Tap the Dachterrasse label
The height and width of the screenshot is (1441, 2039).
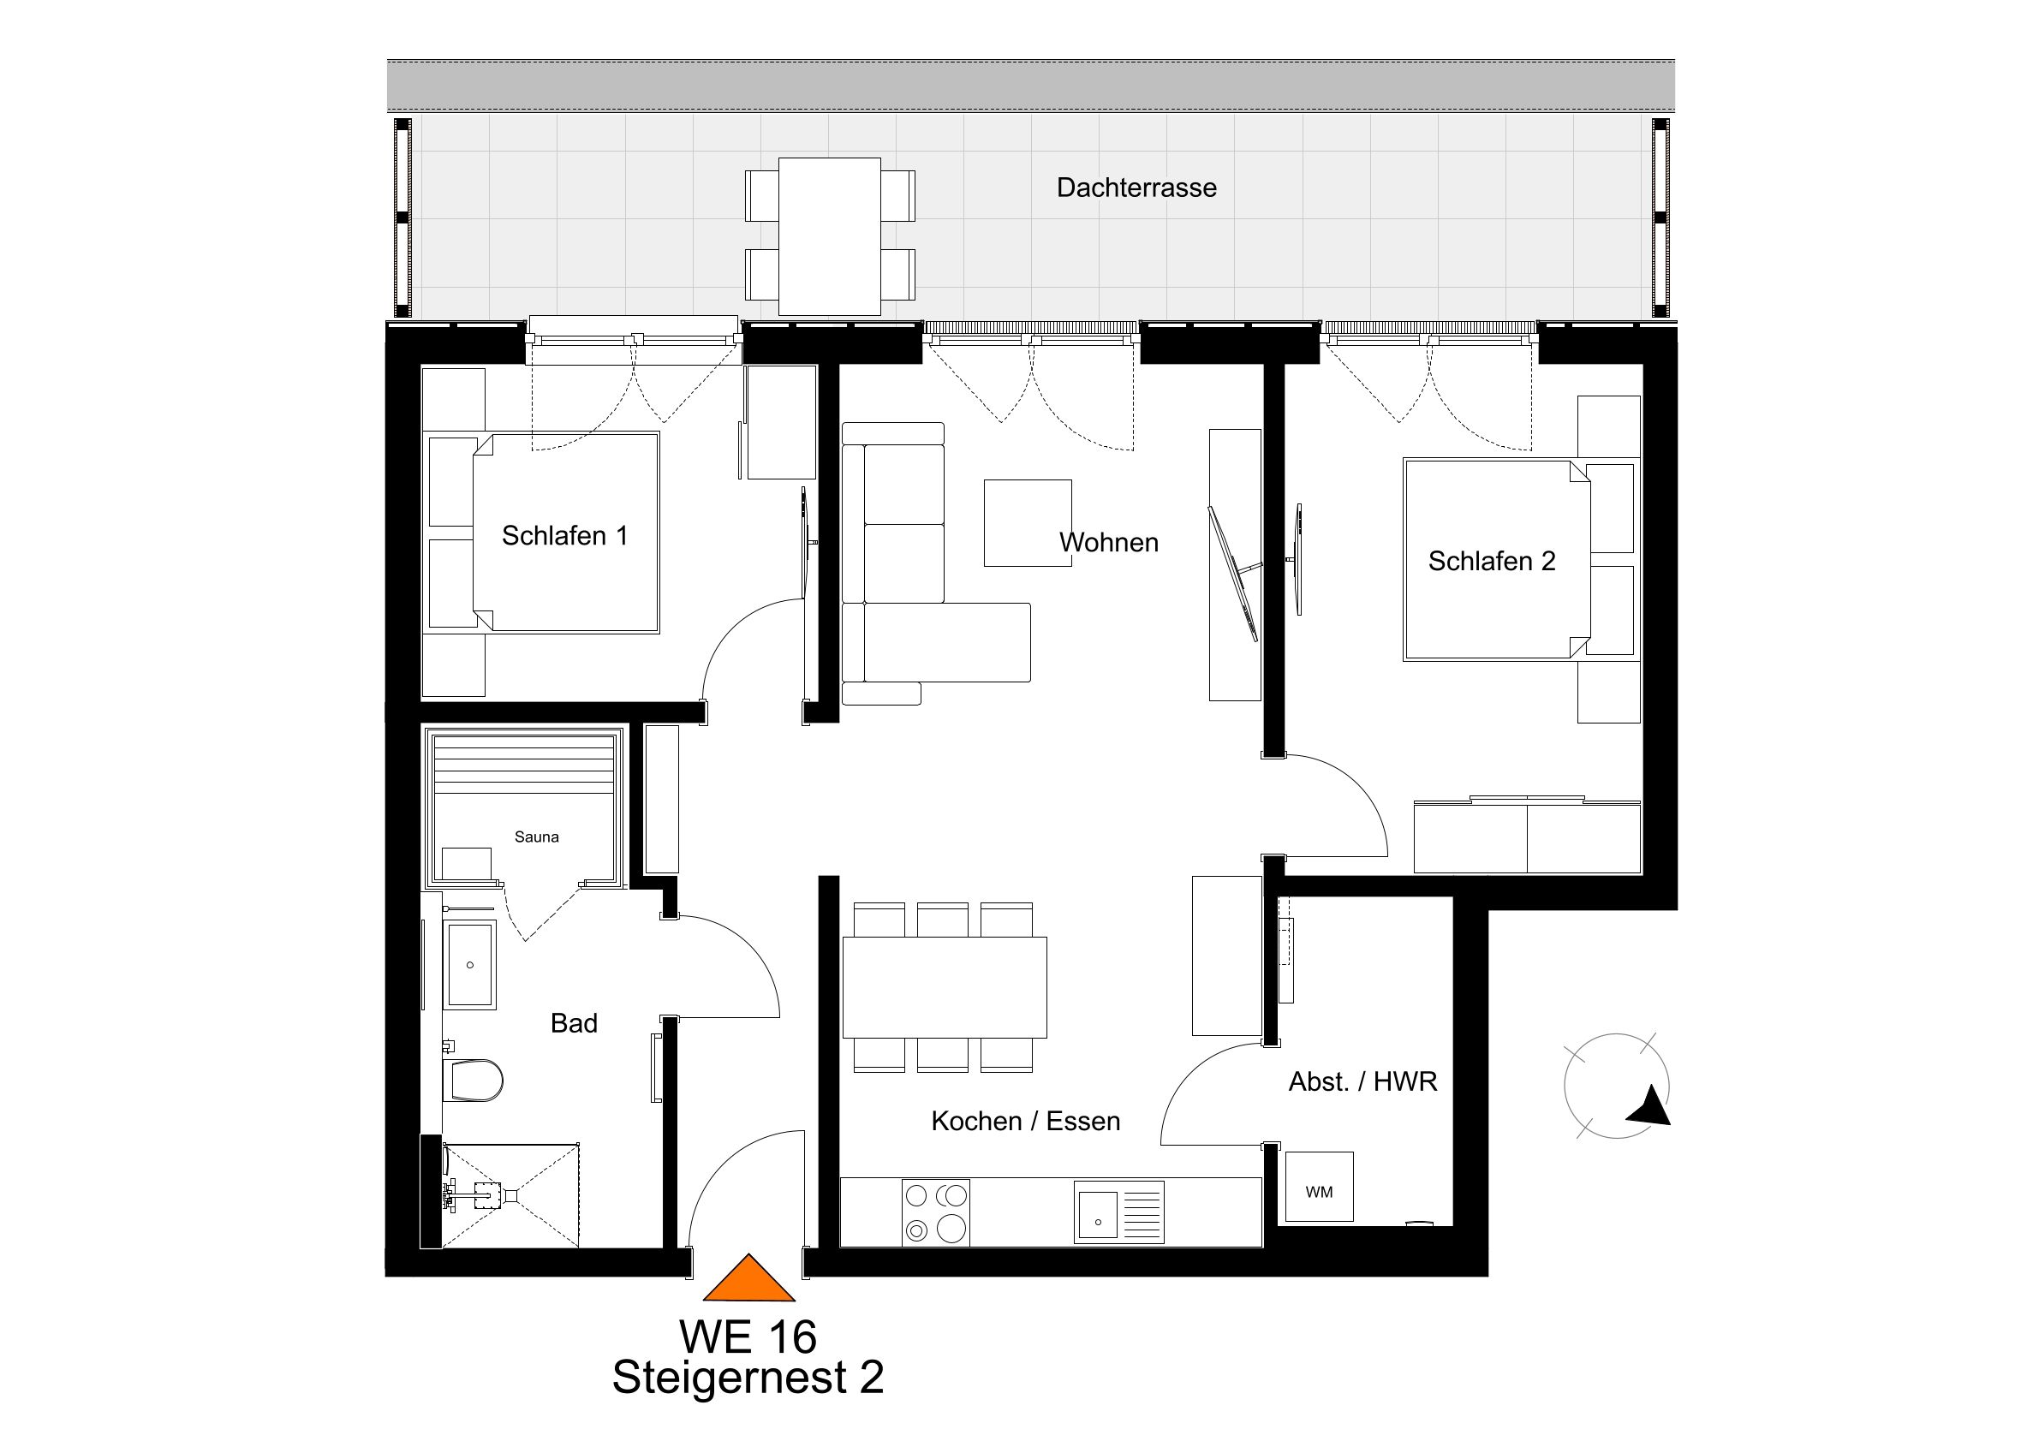pyautogui.click(x=1136, y=188)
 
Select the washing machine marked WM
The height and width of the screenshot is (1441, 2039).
pyautogui.click(x=1320, y=1186)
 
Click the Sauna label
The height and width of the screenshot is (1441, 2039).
pyautogui.click(x=536, y=837)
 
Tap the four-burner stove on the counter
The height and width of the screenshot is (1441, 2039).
pyautogui.click(x=935, y=1212)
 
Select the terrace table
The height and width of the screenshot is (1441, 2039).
pyautogui.click(x=830, y=236)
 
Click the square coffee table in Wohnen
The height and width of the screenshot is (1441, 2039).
pyautogui.click(x=1028, y=523)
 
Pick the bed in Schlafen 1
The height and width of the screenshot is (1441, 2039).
pyautogui.click(x=566, y=533)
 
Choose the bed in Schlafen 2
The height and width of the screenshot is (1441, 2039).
pyautogui.click(x=1496, y=559)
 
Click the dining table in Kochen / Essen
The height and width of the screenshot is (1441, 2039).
pyautogui.click(x=944, y=987)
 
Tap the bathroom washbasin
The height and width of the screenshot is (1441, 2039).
pyautogui.click(x=470, y=965)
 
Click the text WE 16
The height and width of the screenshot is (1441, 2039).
pyautogui.click(x=748, y=1336)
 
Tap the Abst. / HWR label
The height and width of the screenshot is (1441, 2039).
pyautogui.click(x=1362, y=1081)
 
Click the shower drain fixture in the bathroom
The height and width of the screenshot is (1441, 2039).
pyautogui.click(x=485, y=1195)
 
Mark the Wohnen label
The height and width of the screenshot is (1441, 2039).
pyautogui.click(x=1109, y=543)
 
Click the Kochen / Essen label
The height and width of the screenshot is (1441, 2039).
pyautogui.click(x=1026, y=1122)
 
